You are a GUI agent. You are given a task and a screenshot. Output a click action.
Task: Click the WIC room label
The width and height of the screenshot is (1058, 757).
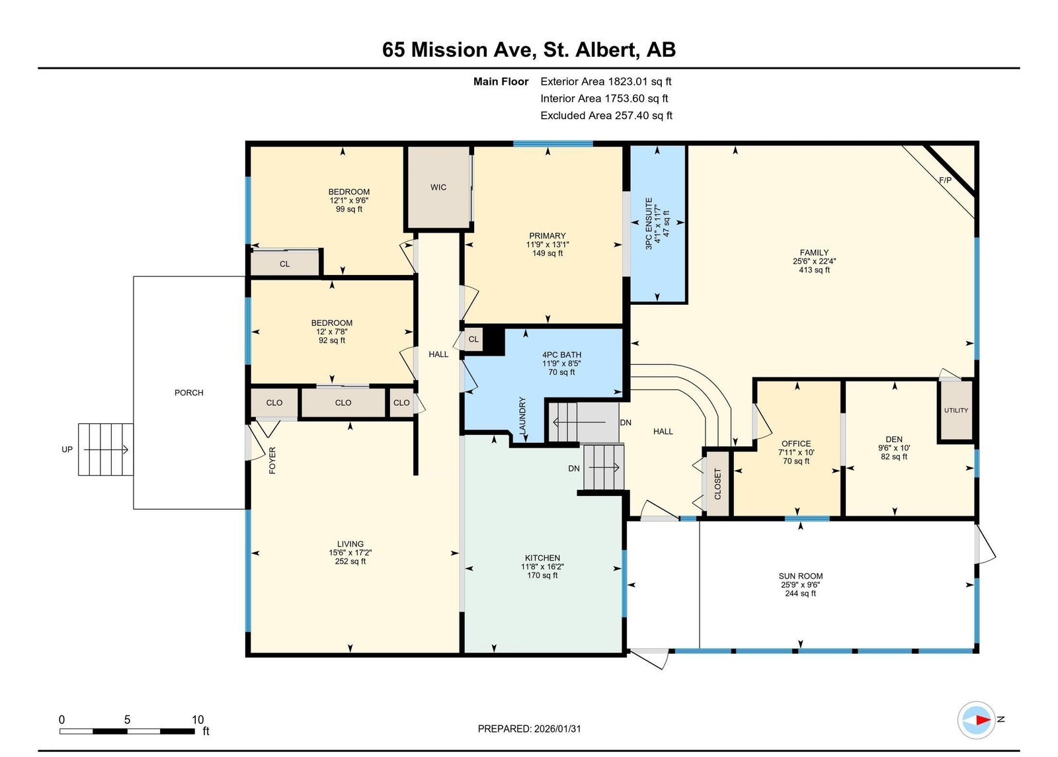coord(438,188)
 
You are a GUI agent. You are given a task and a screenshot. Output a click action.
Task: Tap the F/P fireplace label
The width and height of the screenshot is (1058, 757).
coord(945,180)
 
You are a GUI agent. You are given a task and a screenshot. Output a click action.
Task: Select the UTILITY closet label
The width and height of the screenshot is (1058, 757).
coord(956,410)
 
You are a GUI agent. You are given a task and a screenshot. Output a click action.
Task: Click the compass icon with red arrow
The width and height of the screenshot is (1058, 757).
coord(976,720)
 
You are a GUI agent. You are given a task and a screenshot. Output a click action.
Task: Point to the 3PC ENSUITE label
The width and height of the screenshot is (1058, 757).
coord(649,223)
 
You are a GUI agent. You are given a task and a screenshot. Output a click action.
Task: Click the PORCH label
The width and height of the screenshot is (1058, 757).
coord(189,393)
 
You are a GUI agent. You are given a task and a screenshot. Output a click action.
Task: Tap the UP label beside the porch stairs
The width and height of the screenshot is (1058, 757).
coord(67,449)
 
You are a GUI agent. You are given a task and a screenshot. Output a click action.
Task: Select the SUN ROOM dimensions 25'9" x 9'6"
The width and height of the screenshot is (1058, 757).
coord(800,584)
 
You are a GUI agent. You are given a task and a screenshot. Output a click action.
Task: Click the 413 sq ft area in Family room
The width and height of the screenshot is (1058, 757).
coord(814,270)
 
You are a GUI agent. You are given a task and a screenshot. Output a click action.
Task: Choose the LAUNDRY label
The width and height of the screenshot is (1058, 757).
coord(522,416)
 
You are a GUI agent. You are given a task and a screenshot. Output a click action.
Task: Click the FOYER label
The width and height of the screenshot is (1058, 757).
coord(272,460)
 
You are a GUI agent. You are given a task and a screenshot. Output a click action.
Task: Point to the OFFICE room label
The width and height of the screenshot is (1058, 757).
coord(796,444)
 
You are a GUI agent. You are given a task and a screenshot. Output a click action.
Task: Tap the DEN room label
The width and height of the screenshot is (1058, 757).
coord(894,439)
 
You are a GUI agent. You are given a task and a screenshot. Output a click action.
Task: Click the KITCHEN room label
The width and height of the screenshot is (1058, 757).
coord(542,558)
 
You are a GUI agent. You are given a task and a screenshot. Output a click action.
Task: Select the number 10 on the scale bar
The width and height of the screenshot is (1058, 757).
coord(198,719)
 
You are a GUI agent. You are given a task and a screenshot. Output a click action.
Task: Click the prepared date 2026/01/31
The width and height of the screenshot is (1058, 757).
coord(557,729)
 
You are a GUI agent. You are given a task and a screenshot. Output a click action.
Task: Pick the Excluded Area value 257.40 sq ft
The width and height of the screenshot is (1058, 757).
coord(643,115)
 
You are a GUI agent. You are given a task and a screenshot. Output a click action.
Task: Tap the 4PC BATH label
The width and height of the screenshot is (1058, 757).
coord(561,354)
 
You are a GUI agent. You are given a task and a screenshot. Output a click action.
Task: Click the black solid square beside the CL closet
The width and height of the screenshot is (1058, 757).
coord(494,340)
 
